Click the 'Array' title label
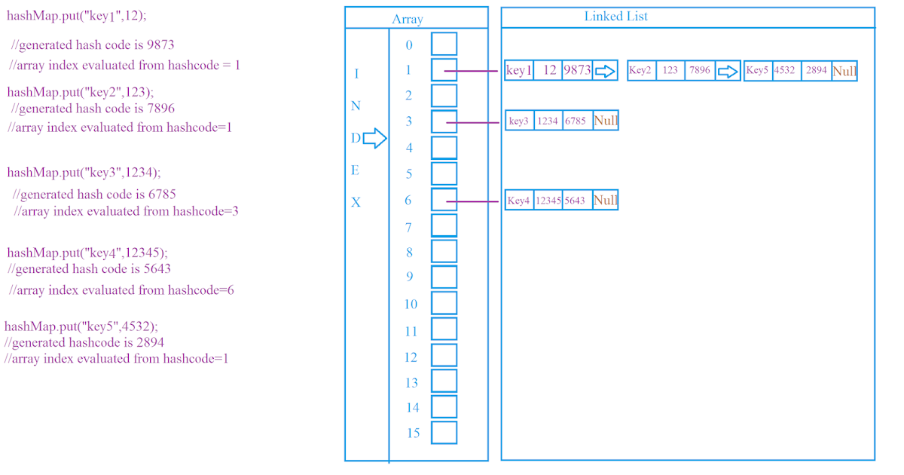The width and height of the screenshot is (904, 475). click(x=408, y=20)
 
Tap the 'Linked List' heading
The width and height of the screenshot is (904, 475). click(x=615, y=16)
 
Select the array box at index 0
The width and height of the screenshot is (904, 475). click(x=444, y=44)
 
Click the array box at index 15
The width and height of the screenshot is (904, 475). click(x=444, y=432)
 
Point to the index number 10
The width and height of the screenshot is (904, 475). click(x=411, y=304)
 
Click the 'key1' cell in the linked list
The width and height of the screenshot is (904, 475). click(x=519, y=71)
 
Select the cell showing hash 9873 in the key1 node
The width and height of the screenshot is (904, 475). click(x=577, y=71)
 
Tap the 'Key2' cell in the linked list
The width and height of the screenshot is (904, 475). click(x=640, y=71)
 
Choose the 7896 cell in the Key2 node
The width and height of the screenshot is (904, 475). click(x=700, y=71)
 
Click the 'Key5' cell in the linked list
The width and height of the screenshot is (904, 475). click(x=757, y=71)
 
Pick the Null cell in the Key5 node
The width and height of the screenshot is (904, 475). click(x=844, y=71)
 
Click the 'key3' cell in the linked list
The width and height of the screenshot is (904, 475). click(x=519, y=121)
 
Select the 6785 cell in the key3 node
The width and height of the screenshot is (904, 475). click(x=576, y=121)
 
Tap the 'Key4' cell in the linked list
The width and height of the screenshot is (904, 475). click(x=519, y=201)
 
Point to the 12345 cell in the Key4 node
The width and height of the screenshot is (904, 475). click(x=548, y=201)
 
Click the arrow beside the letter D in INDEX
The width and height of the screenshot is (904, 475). click(x=374, y=138)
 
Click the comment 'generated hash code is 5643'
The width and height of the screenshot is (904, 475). click(x=90, y=268)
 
